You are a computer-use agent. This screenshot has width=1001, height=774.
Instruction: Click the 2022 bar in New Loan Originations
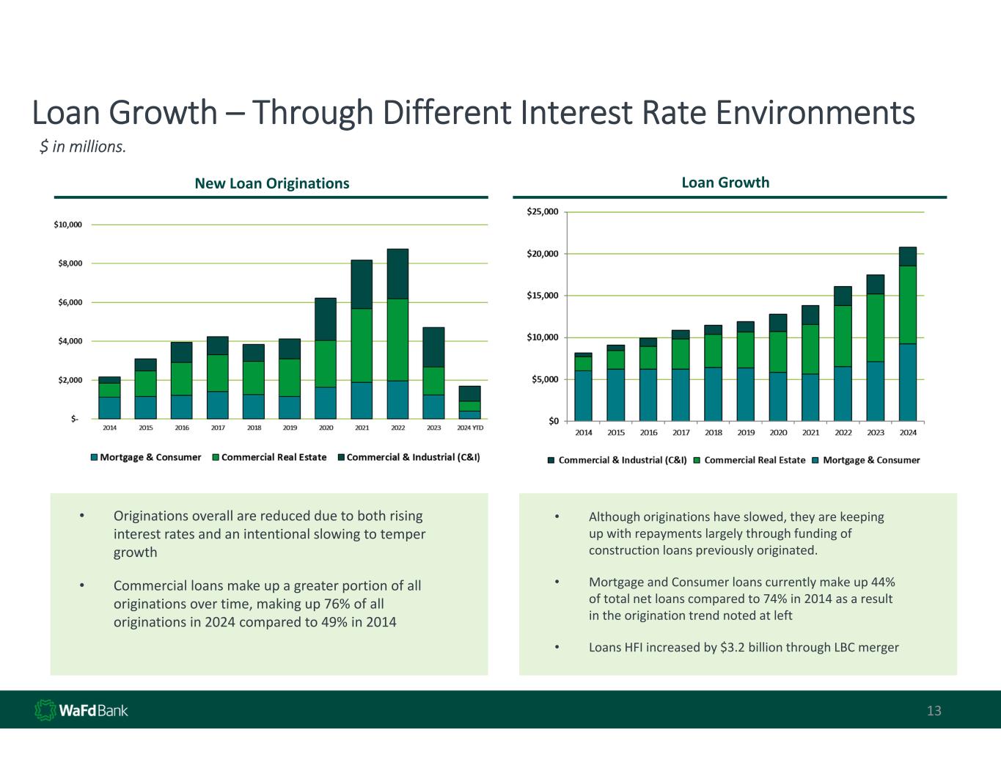[x=397, y=334]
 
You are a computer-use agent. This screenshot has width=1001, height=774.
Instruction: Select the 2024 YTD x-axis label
[x=470, y=428]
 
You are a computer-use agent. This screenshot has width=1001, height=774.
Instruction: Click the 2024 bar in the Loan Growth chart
[x=908, y=334]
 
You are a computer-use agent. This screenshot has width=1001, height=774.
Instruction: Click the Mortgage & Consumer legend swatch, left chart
[x=94, y=457]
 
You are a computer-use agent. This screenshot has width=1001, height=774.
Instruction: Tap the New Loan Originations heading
[x=271, y=183]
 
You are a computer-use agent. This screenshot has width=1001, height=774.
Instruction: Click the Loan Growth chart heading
[x=725, y=183]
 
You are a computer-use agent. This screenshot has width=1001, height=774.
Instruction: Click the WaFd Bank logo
[x=81, y=710]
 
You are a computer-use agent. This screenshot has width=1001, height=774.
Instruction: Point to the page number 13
[x=934, y=711]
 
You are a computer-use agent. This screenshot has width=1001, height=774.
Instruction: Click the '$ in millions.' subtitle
[x=83, y=147]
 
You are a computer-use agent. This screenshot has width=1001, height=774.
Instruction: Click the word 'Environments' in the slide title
[x=815, y=114]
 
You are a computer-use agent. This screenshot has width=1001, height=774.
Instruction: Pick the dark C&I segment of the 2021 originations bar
[x=362, y=284]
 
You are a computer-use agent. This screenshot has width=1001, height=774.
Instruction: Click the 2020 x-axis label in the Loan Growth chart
[x=778, y=433]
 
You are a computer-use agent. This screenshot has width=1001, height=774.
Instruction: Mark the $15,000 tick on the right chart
[x=542, y=296]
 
